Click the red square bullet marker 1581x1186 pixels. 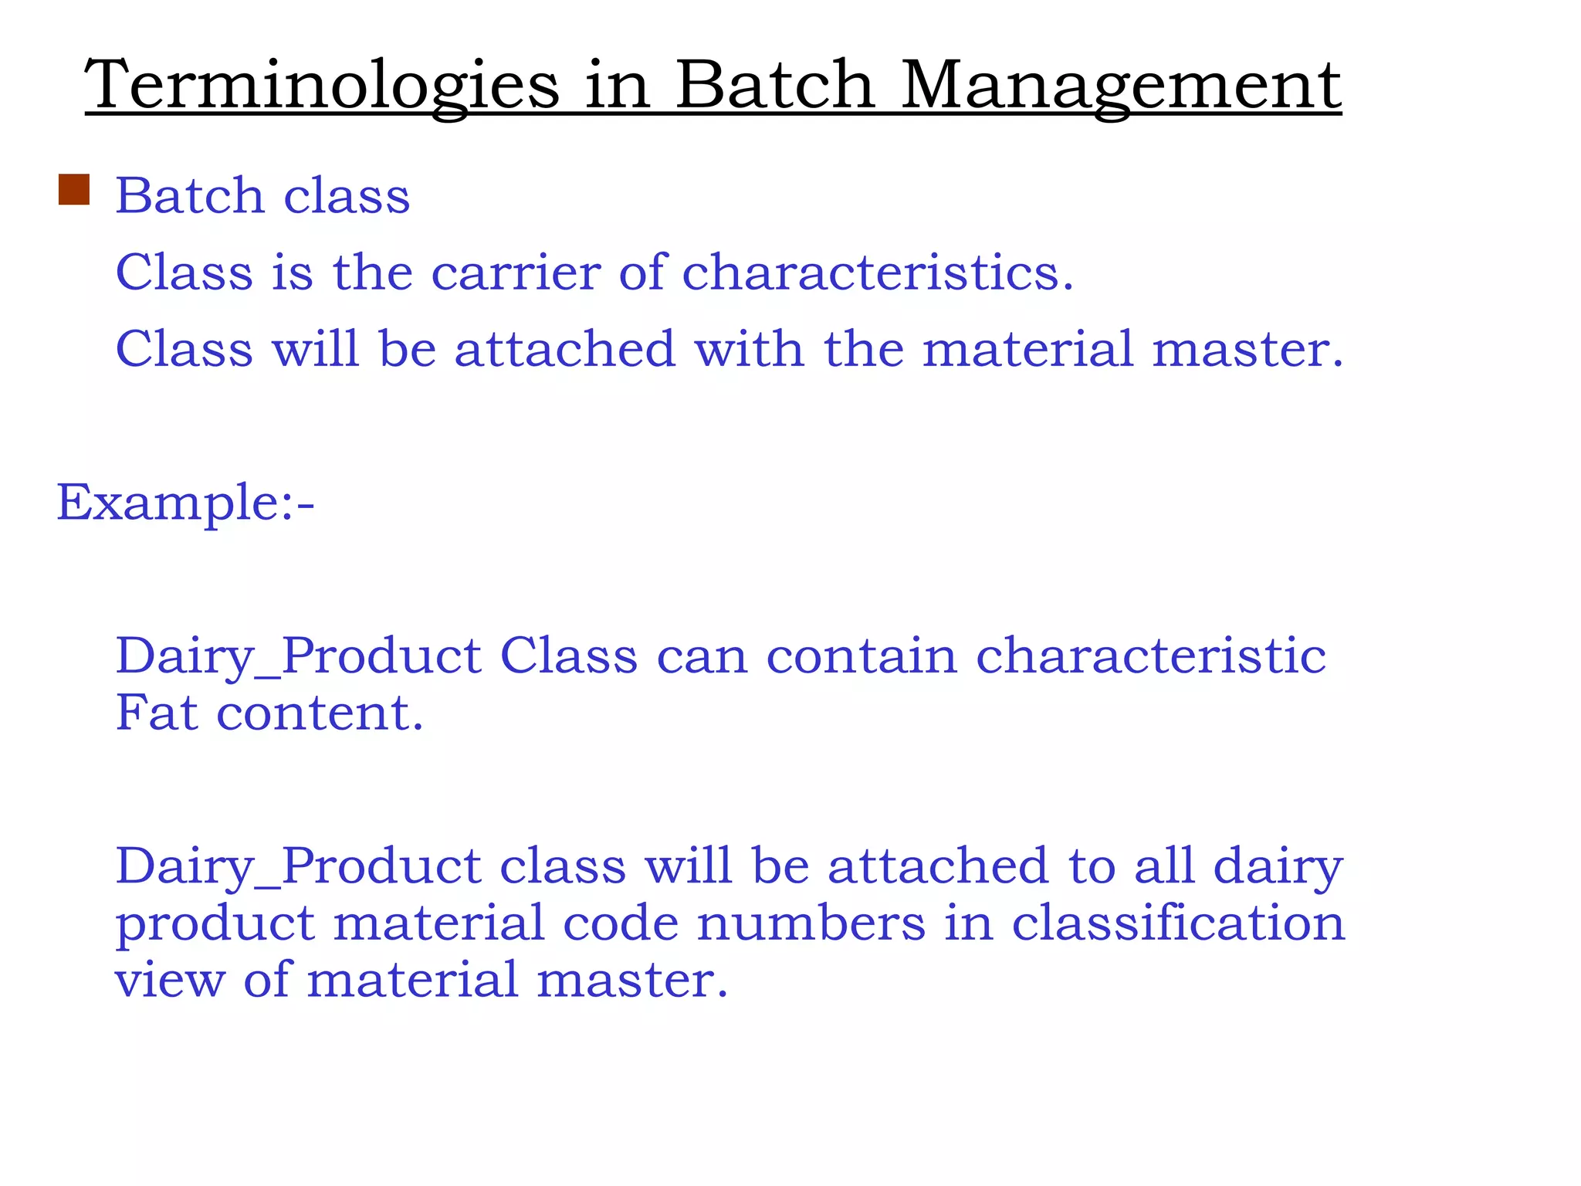click(x=74, y=190)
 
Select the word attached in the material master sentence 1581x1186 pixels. click(x=564, y=349)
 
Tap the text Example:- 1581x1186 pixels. click(x=185, y=503)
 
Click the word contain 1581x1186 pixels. click(x=861, y=656)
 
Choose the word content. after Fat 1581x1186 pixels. click(x=320, y=713)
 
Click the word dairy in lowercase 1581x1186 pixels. click(x=1278, y=866)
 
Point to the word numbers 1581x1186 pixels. click(x=811, y=923)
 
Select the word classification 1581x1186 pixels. click(x=1178, y=923)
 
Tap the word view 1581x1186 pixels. click(x=170, y=980)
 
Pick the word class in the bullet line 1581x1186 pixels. click(x=347, y=195)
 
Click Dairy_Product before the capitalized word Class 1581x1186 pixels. click(x=298, y=656)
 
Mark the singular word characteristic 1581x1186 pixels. click(x=1150, y=656)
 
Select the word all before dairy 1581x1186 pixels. click(x=1163, y=866)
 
